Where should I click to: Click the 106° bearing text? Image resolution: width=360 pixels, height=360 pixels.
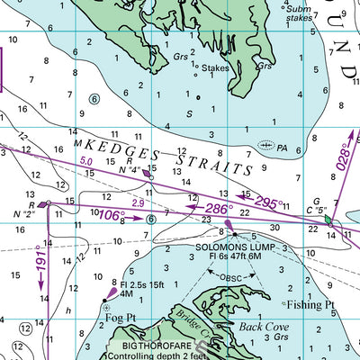point(112,215)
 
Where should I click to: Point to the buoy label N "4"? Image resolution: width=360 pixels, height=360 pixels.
point(130,169)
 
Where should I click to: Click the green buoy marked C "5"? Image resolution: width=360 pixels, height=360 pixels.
point(329,219)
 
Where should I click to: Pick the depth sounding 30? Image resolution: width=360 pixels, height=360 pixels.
point(275,228)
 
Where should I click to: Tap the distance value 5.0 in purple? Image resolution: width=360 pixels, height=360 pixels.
point(86,162)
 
